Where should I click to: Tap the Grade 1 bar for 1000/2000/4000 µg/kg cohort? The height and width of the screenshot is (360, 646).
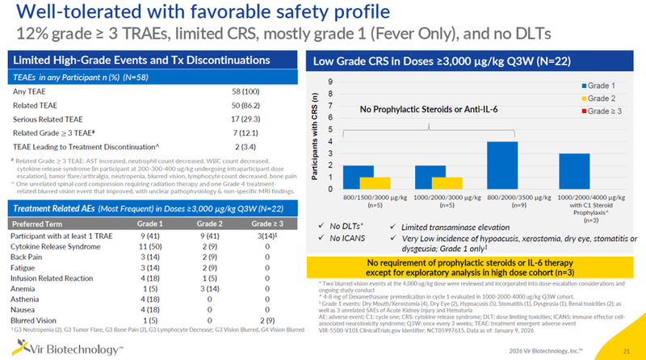tap(574, 170)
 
